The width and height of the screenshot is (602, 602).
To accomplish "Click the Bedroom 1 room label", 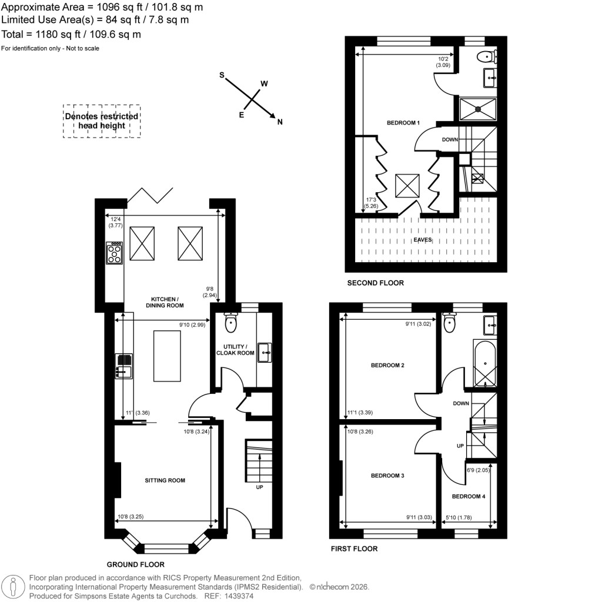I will pyautogui.click(x=403, y=123).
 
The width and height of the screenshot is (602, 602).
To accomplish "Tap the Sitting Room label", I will pyautogui.click(x=165, y=480).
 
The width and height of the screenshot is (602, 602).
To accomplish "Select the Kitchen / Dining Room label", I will pyautogui.click(x=165, y=302).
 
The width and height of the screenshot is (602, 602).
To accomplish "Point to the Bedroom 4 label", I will pyautogui.click(x=469, y=497).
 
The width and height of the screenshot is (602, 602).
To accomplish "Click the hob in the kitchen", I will pyautogui.click(x=114, y=253).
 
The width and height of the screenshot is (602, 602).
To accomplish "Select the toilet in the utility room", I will pyautogui.click(x=230, y=322).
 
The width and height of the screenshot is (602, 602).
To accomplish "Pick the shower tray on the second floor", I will pyautogui.click(x=477, y=108).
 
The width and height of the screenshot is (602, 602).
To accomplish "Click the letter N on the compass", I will pyautogui.click(x=280, y=122).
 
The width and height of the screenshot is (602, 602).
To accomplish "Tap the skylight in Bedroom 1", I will pyautogui.click(x=407, y=186).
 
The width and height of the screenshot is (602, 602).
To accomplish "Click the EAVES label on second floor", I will pyautogui.click(x=422, y=240).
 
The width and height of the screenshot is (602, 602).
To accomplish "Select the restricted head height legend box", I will pyautogui.click(x=102, y=121).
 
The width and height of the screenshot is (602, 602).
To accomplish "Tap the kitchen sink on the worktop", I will pyautogui.click(x=123, y=365).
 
